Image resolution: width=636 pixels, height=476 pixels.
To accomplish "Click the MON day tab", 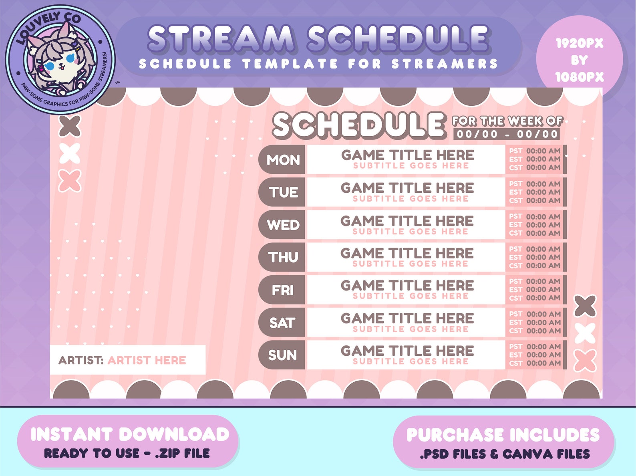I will (x=283, y=160).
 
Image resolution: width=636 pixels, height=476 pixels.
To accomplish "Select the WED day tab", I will (x=283, y=225).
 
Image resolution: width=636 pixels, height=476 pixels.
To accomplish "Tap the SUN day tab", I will (x=282, y=355).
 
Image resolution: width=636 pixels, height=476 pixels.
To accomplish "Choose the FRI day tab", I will (x=282, y=290).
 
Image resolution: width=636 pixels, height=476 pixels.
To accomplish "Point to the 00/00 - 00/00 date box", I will (x=507, y=134).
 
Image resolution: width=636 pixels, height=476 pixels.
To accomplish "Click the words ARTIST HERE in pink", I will (x=147, y=360).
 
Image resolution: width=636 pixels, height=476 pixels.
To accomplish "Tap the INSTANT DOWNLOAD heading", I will (x=130, y=434).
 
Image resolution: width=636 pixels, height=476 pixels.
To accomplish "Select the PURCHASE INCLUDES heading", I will (x=503, y=435).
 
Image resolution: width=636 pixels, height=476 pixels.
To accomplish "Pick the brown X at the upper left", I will (x=70, y=126).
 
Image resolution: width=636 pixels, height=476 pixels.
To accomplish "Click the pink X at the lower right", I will (x=585, y=360).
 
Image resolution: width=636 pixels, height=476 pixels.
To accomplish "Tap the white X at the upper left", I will (x=70, y=153).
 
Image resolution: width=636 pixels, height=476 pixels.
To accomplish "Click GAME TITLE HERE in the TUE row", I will (x=407, y=188).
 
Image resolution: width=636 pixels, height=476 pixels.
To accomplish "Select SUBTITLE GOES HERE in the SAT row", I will (x=411, y=329).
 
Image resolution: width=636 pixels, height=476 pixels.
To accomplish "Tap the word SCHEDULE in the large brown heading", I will (x=358, y=125).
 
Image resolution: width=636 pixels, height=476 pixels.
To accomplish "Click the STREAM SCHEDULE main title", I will (x=318, y=39).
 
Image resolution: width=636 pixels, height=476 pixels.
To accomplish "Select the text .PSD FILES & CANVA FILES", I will (x=505, y=454).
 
